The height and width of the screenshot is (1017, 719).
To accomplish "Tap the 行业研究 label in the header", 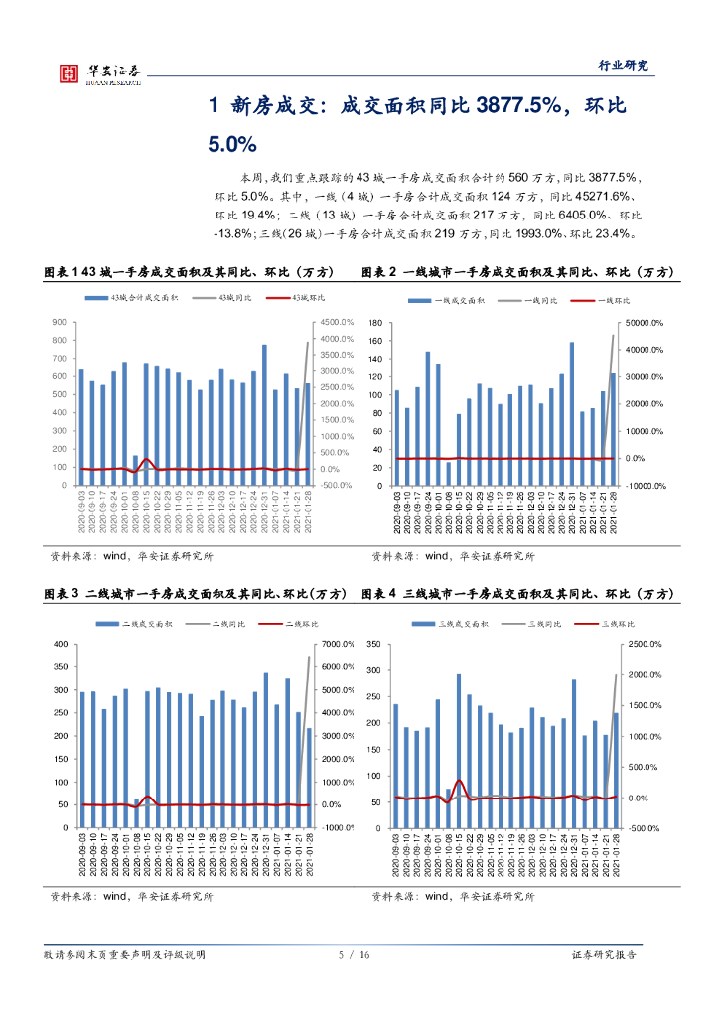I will [623, 65].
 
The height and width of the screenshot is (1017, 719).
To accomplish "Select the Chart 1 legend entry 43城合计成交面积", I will [138, 299].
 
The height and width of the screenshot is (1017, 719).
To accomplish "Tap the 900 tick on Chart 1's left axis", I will [59, 323].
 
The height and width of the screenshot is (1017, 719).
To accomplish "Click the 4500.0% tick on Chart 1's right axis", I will [337, 323].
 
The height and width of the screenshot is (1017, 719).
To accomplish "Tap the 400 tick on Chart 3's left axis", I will [59, 645].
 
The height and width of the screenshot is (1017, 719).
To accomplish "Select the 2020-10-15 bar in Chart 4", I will [459, 751].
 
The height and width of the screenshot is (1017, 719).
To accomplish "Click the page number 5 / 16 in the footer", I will [354, 955].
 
